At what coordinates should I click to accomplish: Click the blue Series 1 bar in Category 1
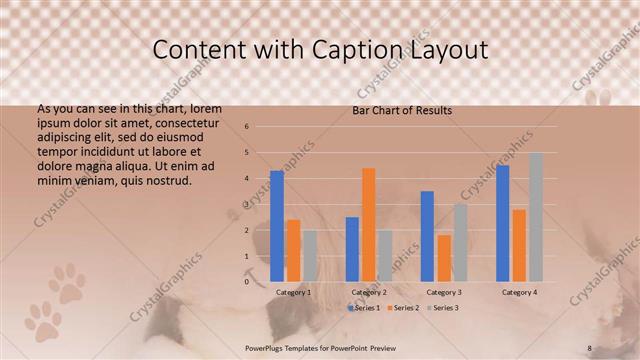pos(277,226)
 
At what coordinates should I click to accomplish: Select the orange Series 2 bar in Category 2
pos(368,225)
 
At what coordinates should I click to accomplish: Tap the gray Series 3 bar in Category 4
pos(535,217)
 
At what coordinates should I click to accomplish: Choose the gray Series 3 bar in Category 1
pos(309,256)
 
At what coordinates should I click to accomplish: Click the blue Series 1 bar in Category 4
pos(502,223)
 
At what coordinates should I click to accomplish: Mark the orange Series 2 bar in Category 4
pos(518,245)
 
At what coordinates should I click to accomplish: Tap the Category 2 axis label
pos(369,292)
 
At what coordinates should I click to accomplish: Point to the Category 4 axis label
pos(518,292)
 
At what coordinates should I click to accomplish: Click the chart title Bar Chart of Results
pos(402,110)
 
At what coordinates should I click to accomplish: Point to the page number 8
pos(589,347)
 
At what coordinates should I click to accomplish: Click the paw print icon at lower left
pos(67,283)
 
